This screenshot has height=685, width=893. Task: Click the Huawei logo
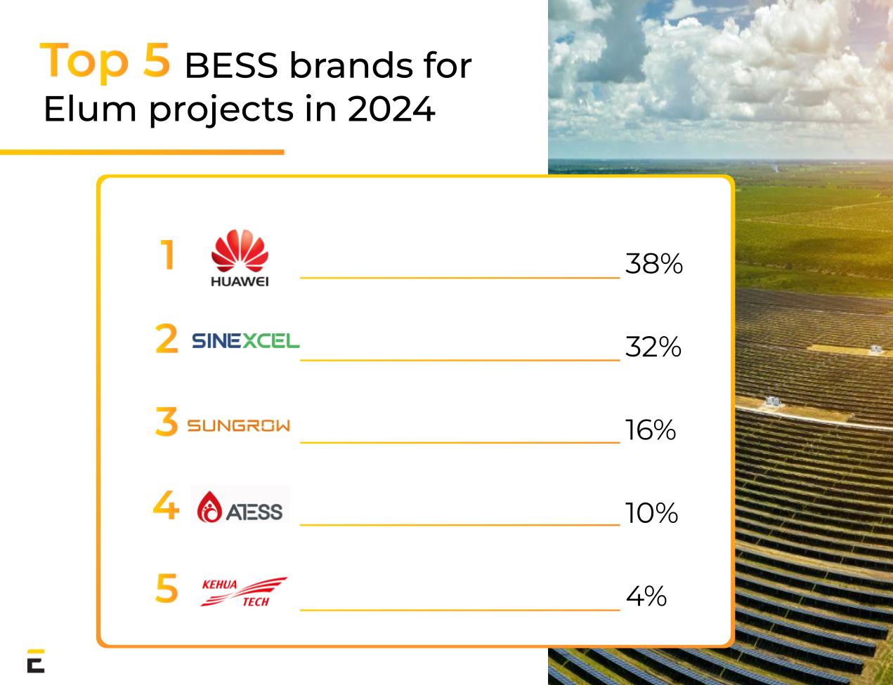tap(240, 259)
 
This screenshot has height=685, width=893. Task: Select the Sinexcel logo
tap(245, 341)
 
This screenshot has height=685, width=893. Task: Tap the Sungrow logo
tap(238, 425)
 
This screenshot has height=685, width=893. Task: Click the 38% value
tap(653, 265)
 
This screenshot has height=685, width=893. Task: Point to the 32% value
tap(653, 347)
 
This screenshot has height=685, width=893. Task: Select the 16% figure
tap(650, 430)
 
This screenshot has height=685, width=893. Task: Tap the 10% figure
tap(651, 513)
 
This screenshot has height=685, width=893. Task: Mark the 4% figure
tap(646, 597)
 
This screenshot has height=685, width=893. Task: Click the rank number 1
tap(167, 255)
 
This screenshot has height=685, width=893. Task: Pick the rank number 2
tap(167, 340)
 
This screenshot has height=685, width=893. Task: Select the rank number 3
tap(167, 423)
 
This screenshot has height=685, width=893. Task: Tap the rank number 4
tap(166, 505)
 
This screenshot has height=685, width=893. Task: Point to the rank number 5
tap(167, 588)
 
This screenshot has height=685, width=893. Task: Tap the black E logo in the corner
tap(36, 660)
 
